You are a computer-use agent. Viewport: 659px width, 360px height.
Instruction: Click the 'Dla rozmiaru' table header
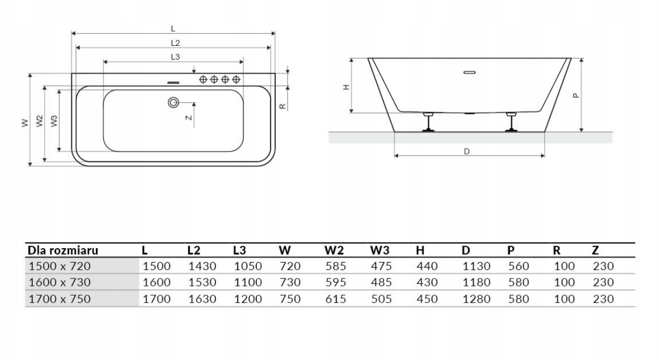[x=63, y=250]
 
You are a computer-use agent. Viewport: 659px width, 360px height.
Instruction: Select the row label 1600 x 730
[x=59, y=282]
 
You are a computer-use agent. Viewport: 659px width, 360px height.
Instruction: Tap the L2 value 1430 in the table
[x=202, y=266]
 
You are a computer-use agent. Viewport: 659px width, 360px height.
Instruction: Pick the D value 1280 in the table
[x=476, y=299]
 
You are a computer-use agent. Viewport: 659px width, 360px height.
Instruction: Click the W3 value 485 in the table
[x=381, y=282]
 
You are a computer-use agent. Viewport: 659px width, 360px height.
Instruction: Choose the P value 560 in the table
[x=518, y=266]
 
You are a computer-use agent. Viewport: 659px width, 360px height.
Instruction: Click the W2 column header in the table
[x=335, y=250]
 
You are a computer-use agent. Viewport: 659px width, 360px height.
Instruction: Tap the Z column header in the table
[x=596, y=250]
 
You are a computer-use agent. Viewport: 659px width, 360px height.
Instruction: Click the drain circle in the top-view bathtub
[x=173, y=102]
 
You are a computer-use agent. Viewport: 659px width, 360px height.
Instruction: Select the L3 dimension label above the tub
[x=174, y=56]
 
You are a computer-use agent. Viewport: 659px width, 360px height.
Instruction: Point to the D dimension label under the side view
[x=467, y=151]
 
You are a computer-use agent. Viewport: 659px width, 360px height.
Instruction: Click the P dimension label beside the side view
[x=575, y=96]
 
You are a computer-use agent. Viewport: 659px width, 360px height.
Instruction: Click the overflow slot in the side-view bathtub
[x=470, y=72]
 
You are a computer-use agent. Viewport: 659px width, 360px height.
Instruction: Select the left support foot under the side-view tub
[x=428, y=122]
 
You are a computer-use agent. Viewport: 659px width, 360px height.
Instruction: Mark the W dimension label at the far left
[x=24, y=123]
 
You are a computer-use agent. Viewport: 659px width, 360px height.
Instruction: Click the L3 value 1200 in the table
[x=248, y=299]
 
